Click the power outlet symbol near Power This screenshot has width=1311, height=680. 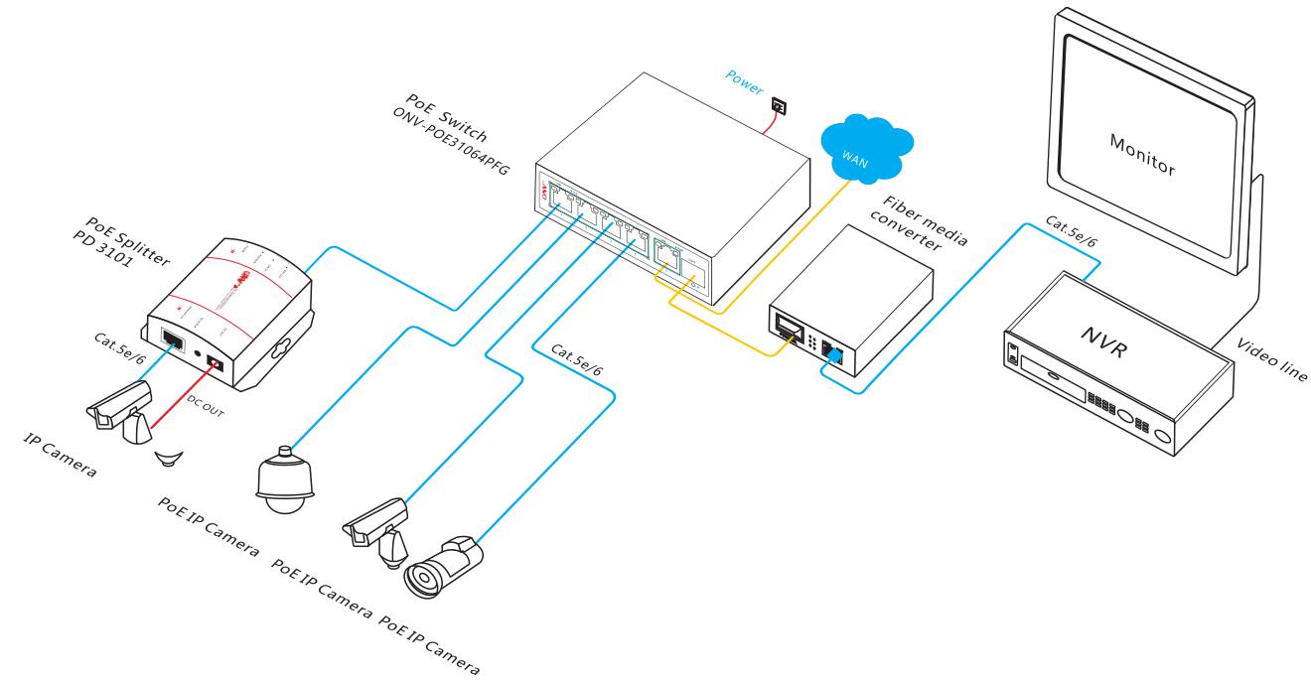pos(780,102)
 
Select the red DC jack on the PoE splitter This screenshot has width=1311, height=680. pos(213,368)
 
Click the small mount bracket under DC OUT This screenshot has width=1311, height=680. pos(175,458)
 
